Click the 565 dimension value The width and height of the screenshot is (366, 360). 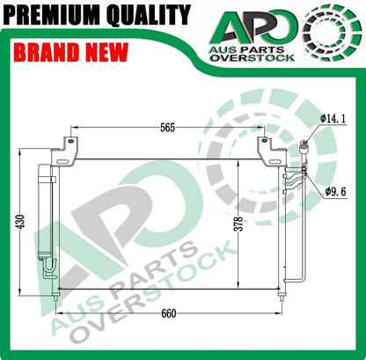(169, 127)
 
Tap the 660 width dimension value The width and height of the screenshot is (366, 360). (169, 312)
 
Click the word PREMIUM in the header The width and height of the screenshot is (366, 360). (53, 15)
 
